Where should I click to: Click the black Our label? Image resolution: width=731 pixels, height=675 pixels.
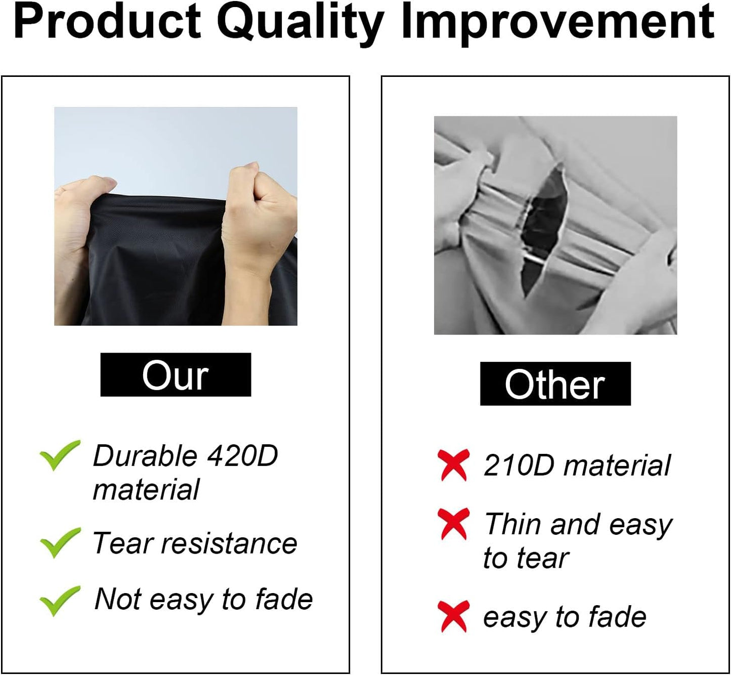176,374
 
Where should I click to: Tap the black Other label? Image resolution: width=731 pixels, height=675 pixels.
555,384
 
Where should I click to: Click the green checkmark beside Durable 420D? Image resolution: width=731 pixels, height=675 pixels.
60,455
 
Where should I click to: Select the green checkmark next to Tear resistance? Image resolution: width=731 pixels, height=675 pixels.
60,542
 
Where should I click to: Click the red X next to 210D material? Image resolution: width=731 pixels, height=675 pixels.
453,465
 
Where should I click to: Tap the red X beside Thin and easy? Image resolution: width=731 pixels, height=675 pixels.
453,524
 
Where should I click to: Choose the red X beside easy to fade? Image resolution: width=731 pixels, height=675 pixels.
453,617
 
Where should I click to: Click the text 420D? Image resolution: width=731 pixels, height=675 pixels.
242,456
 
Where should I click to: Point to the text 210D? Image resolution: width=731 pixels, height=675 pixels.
519,465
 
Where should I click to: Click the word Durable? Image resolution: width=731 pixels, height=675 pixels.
145,456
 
